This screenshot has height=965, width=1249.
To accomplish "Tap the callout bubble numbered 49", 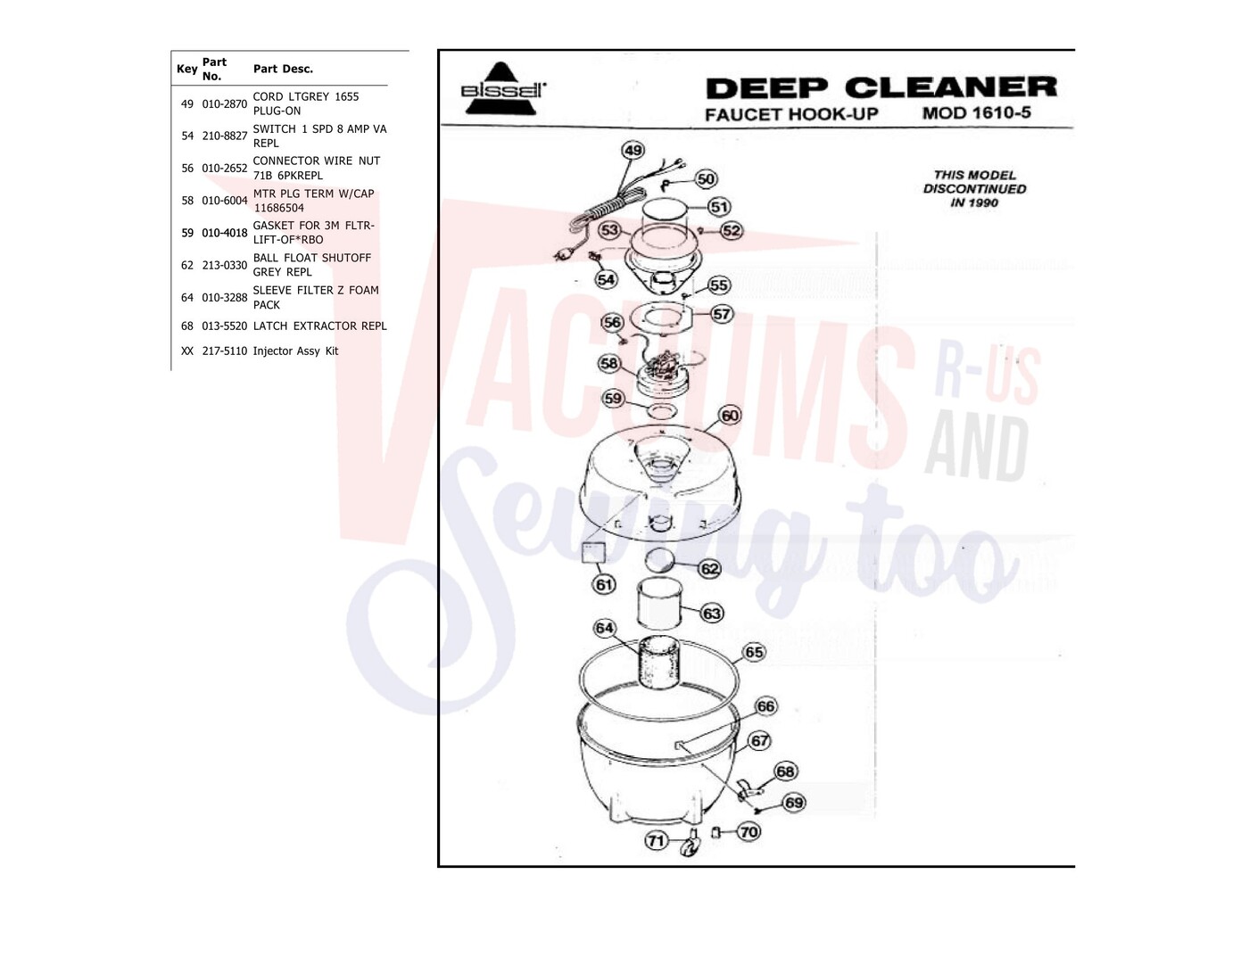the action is [x=633, y=151].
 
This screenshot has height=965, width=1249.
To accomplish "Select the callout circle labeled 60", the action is [x=730, y=416].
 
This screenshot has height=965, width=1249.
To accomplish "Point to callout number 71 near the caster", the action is [x=656, y=840].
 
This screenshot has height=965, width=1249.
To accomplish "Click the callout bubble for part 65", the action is [x=754, y=652].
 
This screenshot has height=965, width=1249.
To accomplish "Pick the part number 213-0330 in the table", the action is [x=224, y=266].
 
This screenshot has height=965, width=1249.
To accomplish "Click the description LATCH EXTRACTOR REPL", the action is [x=319, y=326].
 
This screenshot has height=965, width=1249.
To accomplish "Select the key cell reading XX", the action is [x=187, y=351].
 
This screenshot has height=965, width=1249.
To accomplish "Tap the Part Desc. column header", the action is [x=283, y=69].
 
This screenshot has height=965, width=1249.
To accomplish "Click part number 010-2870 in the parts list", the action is [x=224, y=104].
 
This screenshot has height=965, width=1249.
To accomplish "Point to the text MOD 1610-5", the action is [x=977, y=112].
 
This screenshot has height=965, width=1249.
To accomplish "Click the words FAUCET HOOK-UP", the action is [x=791, y=114].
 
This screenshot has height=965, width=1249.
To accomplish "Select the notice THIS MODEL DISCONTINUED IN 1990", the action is [x=974, y=189].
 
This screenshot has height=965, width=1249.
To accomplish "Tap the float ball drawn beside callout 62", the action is [x=661, y=560].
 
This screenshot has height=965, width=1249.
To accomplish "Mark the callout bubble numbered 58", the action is [x=608, y=363].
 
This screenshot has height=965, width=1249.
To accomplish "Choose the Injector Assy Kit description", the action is [x=295, y=351].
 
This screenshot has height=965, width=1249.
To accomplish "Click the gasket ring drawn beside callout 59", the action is [x=661, y=410].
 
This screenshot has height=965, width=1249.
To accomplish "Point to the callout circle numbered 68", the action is [x=785, y=771].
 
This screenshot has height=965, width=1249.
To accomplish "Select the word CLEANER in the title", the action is [x=951, y=87].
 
